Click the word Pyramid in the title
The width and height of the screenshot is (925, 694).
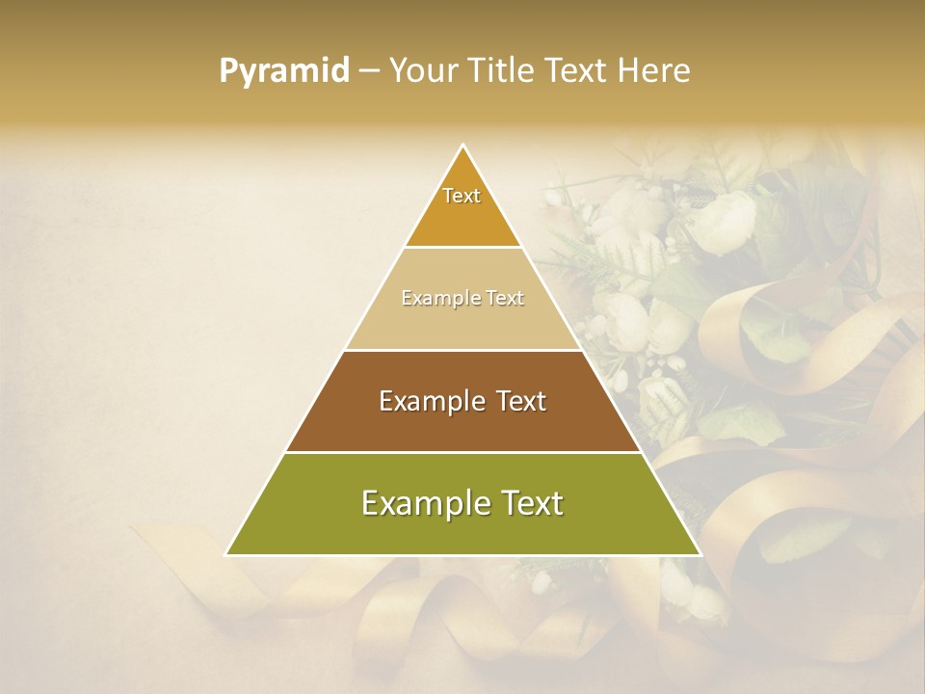click(283, 71)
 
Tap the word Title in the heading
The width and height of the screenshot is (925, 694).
click(505, 71)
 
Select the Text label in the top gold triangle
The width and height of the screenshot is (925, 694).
click(462, 196)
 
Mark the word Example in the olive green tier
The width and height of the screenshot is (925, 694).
click(419, 503)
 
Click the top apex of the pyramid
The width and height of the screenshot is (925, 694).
click(462, 146)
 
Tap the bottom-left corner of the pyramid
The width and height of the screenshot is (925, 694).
click(226, 555)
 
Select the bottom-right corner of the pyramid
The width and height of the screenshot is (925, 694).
click(700, 555)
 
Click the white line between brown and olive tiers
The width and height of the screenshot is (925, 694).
click(462, 452)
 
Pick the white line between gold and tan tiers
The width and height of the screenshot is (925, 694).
click(462, 247)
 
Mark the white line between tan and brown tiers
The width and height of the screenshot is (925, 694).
click(462, 350)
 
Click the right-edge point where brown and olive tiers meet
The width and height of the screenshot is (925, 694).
click(642, 452)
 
